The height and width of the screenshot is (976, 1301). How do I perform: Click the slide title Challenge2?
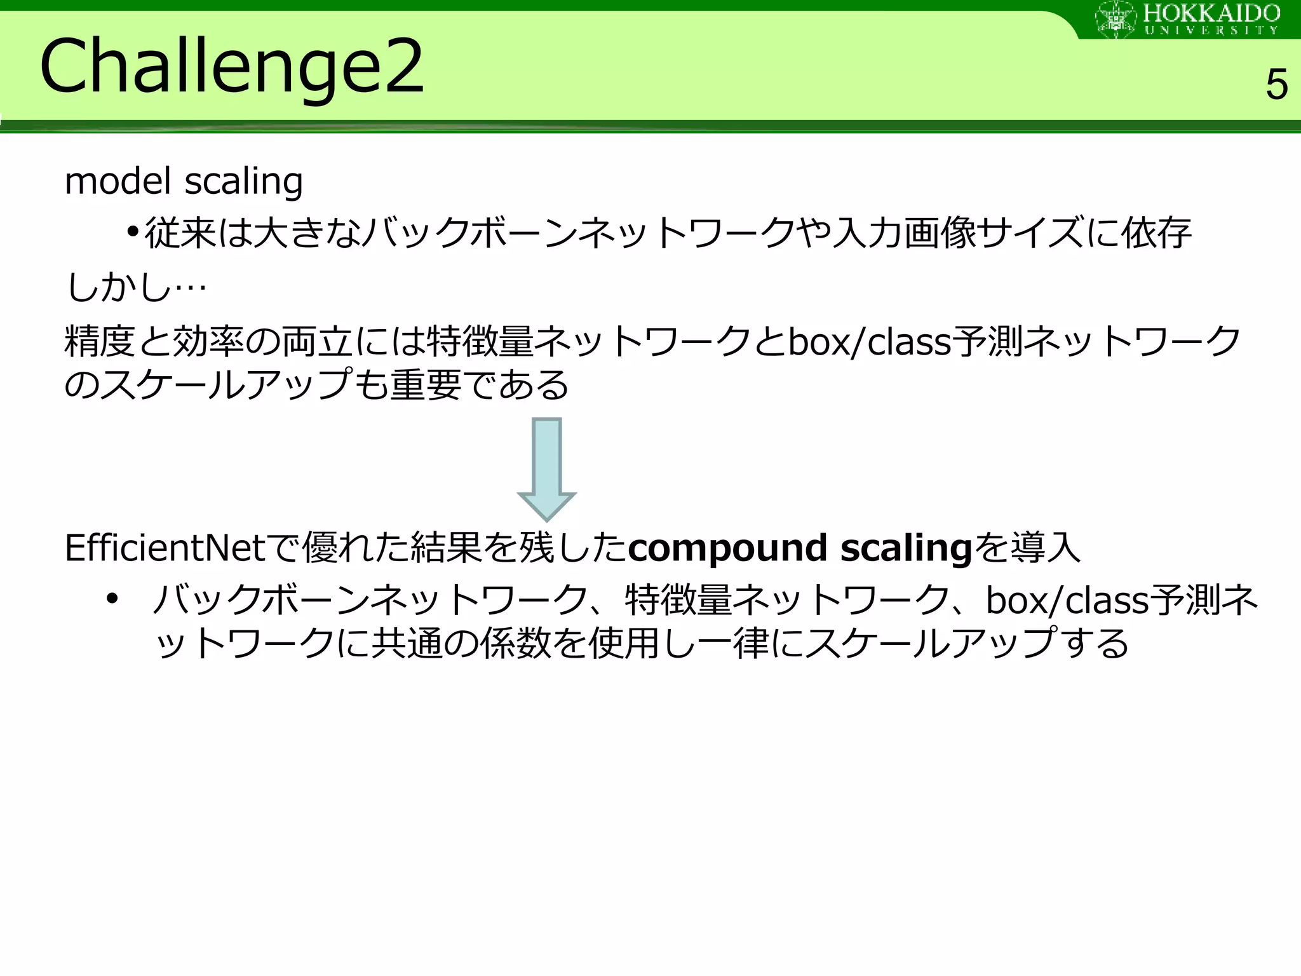(x=231, y=67)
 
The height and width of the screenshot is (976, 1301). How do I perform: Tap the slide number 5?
(x=1276, y=85)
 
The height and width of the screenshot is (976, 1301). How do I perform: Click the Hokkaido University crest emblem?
(x=1116, y=19)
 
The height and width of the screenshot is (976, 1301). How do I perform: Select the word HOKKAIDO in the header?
(x=1212, y=13)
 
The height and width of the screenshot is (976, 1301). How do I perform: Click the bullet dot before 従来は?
(x=132, y=232)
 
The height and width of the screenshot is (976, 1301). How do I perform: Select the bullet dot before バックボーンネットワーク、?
(x=112, y=599)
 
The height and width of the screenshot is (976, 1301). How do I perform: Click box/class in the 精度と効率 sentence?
(x=870, y=342)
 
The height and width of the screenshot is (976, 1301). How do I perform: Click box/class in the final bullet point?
(x=1067, y=600)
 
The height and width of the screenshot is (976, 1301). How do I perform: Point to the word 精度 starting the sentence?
(x=100, y=342)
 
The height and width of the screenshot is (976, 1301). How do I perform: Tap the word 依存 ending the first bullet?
(x=1156, y=233)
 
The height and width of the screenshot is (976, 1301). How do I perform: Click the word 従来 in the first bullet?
(x=180, y=233)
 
